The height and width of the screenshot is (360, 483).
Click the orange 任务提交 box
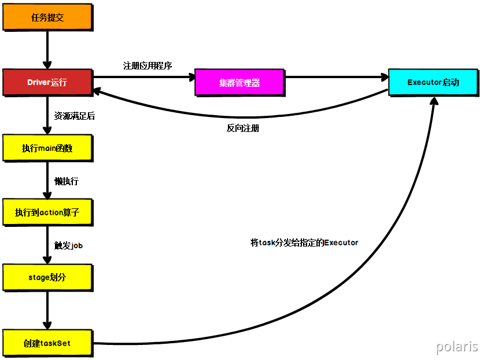(x=47, y=17)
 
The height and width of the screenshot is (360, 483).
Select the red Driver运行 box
(x=47, y=82)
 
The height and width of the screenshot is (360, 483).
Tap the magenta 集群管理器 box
(x=239, y=82)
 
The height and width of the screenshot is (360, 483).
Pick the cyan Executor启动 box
(x=433, y=82)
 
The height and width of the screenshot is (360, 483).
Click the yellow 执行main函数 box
(x=47, y=148)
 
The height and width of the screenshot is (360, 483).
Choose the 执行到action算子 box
(x=47, y=212)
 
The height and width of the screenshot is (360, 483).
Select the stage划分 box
(x=47, y=277)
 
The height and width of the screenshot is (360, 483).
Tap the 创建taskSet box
(x=47, y=343)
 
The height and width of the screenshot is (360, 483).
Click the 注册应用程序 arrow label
(x=148, y=65)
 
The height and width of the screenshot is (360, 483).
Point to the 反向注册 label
(x=243, y=128)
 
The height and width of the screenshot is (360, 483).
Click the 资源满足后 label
(x=75, y=116)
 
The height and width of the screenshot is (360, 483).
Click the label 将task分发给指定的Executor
(x=304, y=243)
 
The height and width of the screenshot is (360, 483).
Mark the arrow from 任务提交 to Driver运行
(x=47, y=50)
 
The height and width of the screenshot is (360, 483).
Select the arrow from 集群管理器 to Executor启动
(x=336, y=76)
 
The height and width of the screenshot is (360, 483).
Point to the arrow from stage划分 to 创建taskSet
(x=47, y=310)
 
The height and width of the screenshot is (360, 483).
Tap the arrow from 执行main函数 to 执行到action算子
(x=47, y=180)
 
